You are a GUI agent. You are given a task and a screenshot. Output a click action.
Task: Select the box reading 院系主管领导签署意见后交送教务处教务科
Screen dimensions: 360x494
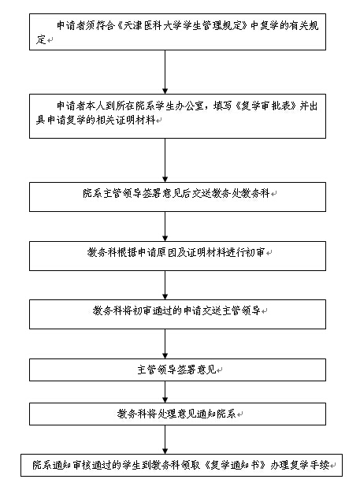pyautogui.click(x=178, y=197)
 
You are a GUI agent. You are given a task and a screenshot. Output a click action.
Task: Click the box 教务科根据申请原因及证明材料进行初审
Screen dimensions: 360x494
pyautogui.click(x=178, y=256)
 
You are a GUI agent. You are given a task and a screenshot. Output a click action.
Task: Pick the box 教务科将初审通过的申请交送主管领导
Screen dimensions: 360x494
pyautogui.click(x=178, y=314)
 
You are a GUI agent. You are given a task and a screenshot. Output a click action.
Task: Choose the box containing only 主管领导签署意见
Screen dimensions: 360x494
pyautogui.click(x=178, y=370)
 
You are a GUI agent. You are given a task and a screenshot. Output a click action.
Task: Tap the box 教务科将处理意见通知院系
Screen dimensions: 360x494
pyautogui.click(x=178, y=414)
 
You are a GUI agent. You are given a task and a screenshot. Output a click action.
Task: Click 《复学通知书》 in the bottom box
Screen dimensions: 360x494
pyautogui.click(x=235, y=465)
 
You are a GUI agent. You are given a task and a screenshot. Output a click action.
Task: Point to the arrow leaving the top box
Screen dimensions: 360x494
pyautogui.click(x=165, y=72)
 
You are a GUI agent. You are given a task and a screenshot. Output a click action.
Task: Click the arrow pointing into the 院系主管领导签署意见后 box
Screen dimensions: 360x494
pyautogui.click(x=165, y=161)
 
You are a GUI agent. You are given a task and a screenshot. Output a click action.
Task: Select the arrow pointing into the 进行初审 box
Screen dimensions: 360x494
pyautogui.click(x=165, y=227)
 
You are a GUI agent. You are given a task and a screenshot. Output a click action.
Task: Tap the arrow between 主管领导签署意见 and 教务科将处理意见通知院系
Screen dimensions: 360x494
pyautogui.click(x=165, y=392)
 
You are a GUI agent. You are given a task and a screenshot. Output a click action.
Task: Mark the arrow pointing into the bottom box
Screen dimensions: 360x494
pyautogui.click(x=165, y=440)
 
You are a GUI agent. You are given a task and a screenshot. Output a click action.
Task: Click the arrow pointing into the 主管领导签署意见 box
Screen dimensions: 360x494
pyautogui.click(x=165, y=344)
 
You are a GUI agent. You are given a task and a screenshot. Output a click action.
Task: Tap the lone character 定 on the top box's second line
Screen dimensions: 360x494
pyautogui.click(x=41, y=39)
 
